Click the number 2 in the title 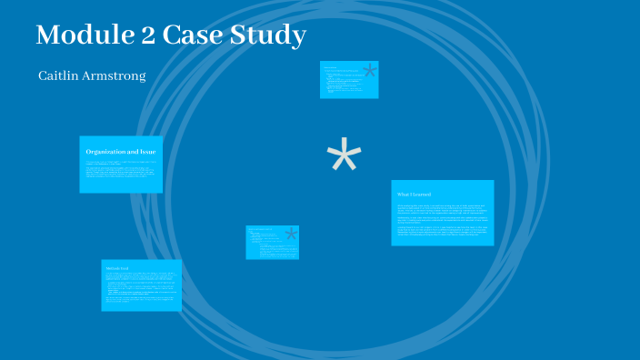pyautogui.click(x=150, y=36)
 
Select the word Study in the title pyautogui.click(x=270, y=36)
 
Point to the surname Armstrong pyautogui.click(x=112, y=75)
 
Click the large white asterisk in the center pyautogui.click(x=344, y=157)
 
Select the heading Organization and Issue pyautogui.click(x=121, y=152)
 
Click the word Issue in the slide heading pyautogui.click(x=148, y=152)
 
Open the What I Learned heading pyautogui.click(x=414, y=195)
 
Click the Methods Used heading pyautogui.click(x=119, y=268)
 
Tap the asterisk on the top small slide pyautogui.click(x=369, y=71)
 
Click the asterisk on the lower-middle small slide pyautogui.click(x=291, y=235)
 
